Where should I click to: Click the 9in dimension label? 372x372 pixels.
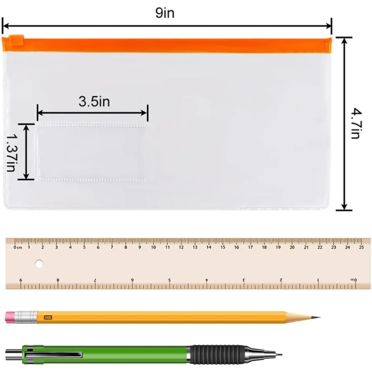click(x=165, y=13)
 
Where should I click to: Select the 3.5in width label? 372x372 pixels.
click(x=94, y=101)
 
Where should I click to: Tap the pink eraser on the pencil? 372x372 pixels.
click(x=10, y=317)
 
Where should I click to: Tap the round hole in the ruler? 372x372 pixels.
click(x=39, y=263)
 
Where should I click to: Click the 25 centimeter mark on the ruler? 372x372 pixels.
click(x=362, y=248)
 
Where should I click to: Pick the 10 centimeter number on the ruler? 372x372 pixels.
click(x=153, y=248)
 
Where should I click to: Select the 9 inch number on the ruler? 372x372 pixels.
click(x=21, y=280)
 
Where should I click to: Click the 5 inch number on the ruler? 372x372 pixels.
click(x=169, y=280)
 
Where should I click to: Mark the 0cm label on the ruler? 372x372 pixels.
click(x=17, y=248)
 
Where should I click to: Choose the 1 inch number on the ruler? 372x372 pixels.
click(x=318, y=280)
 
